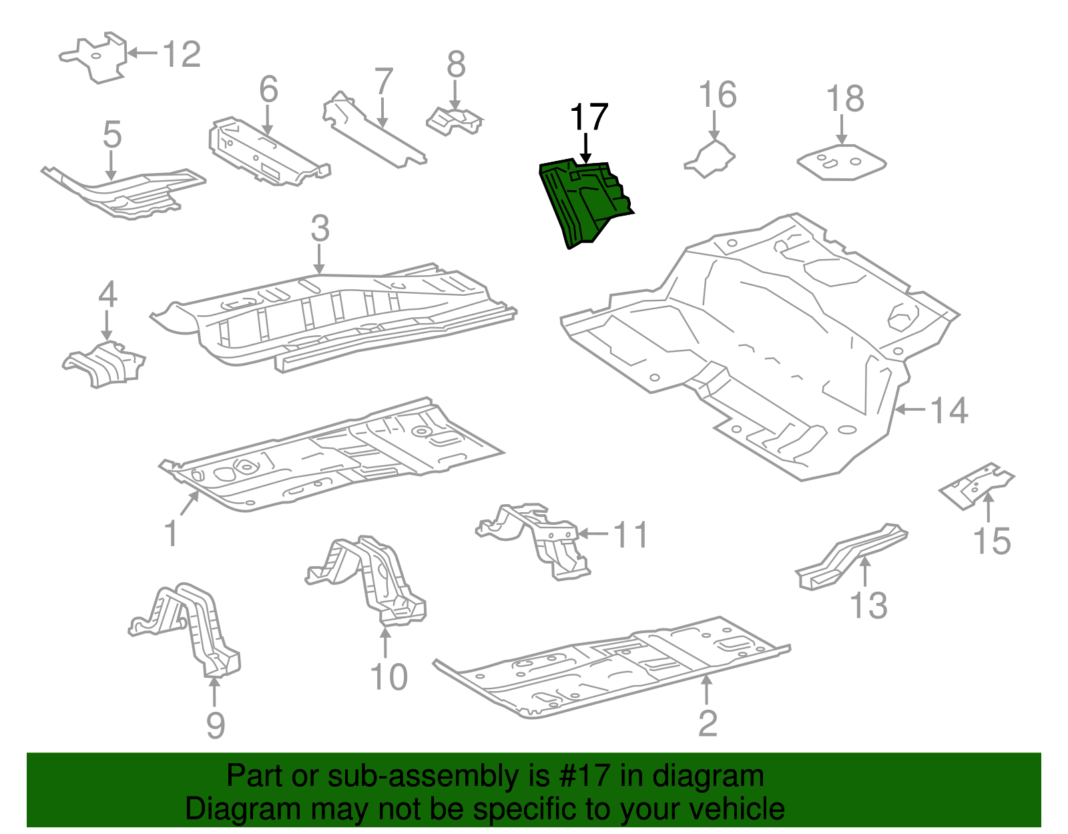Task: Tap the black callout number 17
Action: tap(589, 118)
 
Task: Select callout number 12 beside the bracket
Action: tap(181, 54)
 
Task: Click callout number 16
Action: tap(718, 95)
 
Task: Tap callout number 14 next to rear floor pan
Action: tap(949, 410)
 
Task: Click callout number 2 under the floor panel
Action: tap(708, 723)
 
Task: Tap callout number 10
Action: tap(388, 677)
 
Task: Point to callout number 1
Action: tap(172, 534)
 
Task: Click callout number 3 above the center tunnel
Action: tap(320, 228)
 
